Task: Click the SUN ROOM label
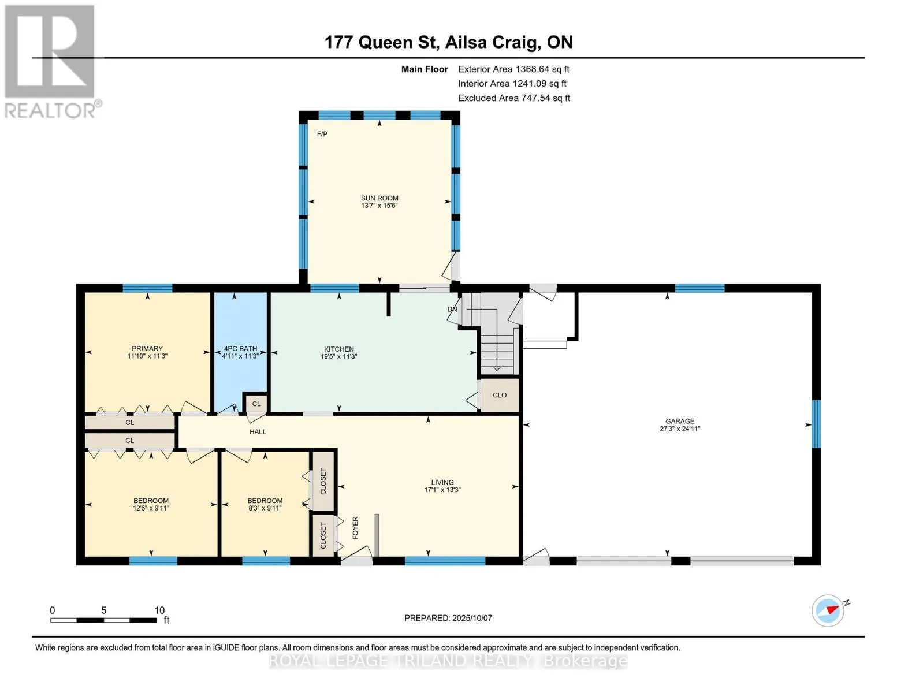[379, 198]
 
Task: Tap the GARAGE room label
[680, 421]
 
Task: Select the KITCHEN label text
[339, 349]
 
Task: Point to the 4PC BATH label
[240, 349]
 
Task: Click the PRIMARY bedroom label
[147, 349]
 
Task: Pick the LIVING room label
[442, 482]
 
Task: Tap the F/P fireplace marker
[322, 134]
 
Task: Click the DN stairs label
[452, 309]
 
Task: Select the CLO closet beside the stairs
[500, 395]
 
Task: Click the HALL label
[258, 432]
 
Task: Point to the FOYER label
[355, 528]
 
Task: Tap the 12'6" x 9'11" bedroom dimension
[151, 508]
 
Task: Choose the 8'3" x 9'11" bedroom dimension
[265, 508]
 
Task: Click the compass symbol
[828, 611]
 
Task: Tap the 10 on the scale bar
[160, 610]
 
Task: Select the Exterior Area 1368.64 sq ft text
[513, 69]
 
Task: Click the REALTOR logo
[51, 62]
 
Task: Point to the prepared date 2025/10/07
[472, 618]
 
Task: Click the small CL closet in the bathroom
[256, 404]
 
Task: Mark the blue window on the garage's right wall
[816, 424]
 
